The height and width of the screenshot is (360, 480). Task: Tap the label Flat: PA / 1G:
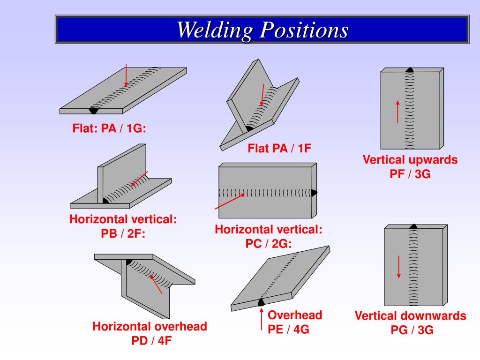tap(109, 128)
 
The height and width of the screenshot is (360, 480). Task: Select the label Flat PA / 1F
tap(279, 149)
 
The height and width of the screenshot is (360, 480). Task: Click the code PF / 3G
tap(410, 173)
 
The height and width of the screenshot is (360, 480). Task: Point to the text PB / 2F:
tap(123, 233)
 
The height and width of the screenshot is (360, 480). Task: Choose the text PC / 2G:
tap(269, 244)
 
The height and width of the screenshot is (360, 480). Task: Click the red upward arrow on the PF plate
tap(397, 111)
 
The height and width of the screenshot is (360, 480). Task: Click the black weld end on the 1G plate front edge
tap(94, 110)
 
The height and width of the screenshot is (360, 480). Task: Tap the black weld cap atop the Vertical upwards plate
tap(410, 69)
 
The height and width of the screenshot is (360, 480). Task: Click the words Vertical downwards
tap(410, 315)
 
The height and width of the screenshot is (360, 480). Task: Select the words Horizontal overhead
tap(150, 326)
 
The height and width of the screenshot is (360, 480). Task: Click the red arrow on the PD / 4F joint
tap(156, 285)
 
